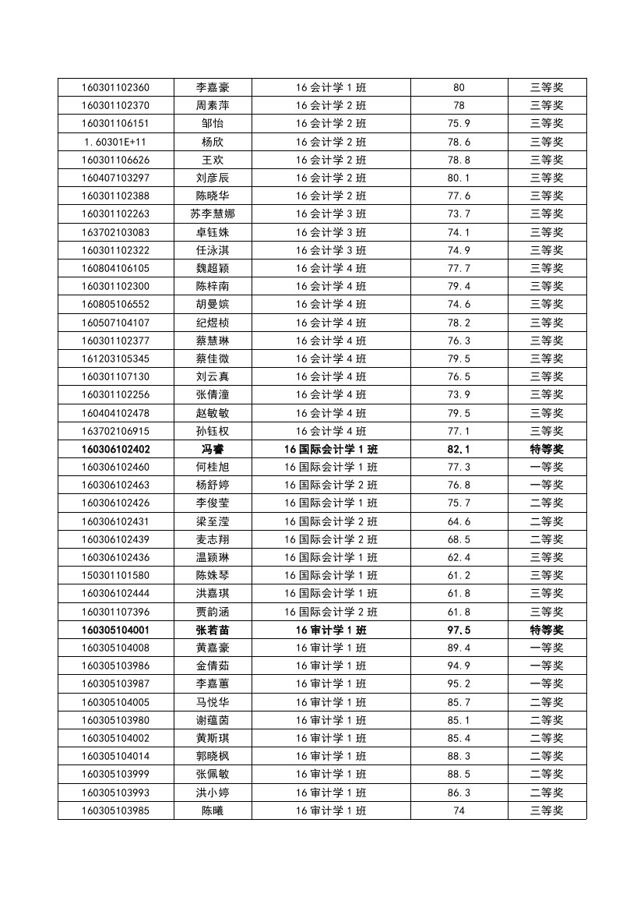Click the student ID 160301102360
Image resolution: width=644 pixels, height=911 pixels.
coord(115,87)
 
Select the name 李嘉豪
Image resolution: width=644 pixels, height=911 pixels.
coord(213,87)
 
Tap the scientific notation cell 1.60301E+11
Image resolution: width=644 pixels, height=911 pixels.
coord(115,142)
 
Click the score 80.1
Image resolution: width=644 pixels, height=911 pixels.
coord(459,178)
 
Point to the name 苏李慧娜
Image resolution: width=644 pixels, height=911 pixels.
coord(213,214)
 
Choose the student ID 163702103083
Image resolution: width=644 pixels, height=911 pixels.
coord(115,232)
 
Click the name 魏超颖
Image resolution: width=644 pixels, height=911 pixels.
coord(213,268)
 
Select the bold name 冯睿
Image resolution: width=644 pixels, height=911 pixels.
coord(213,449)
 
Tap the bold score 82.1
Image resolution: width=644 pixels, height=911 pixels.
coord(459,449)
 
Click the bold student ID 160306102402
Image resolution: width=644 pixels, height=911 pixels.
coord(115,449)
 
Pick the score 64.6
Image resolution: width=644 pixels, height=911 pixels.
coord(459,521)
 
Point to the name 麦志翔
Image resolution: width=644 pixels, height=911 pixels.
coord(213,539)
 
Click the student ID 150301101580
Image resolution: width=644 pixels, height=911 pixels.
coord(115,575)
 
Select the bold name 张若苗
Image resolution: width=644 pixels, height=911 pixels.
coord(213,630)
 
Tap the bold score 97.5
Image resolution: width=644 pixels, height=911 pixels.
coord(459,630)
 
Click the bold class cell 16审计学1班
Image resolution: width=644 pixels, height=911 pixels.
coord(331,630)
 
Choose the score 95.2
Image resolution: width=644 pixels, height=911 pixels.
coord(459,683)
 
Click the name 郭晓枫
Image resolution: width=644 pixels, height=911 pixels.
coord(213,756)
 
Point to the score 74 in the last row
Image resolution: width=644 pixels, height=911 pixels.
coord(459,810)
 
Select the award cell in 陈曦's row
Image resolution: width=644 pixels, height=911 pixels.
coord(547,810)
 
